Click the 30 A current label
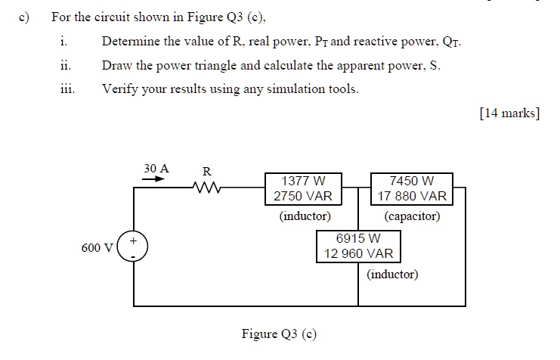click(x=156, y=168)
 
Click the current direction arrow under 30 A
click(x=154, y=180)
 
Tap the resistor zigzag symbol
click(x=205, y=187)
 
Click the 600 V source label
click(x=97, y=247)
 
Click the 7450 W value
click(x=412, y=182)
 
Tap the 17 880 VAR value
click(x=412, y=196)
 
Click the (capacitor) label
click(x=412, y=216)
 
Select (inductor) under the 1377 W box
click(x=305, y=216)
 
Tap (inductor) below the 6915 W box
click(x=392, y=275)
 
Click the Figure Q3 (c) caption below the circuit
click(x=279, y=334)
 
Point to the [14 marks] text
click(x=509, y=113)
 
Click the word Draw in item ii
click(x=116, y=65)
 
